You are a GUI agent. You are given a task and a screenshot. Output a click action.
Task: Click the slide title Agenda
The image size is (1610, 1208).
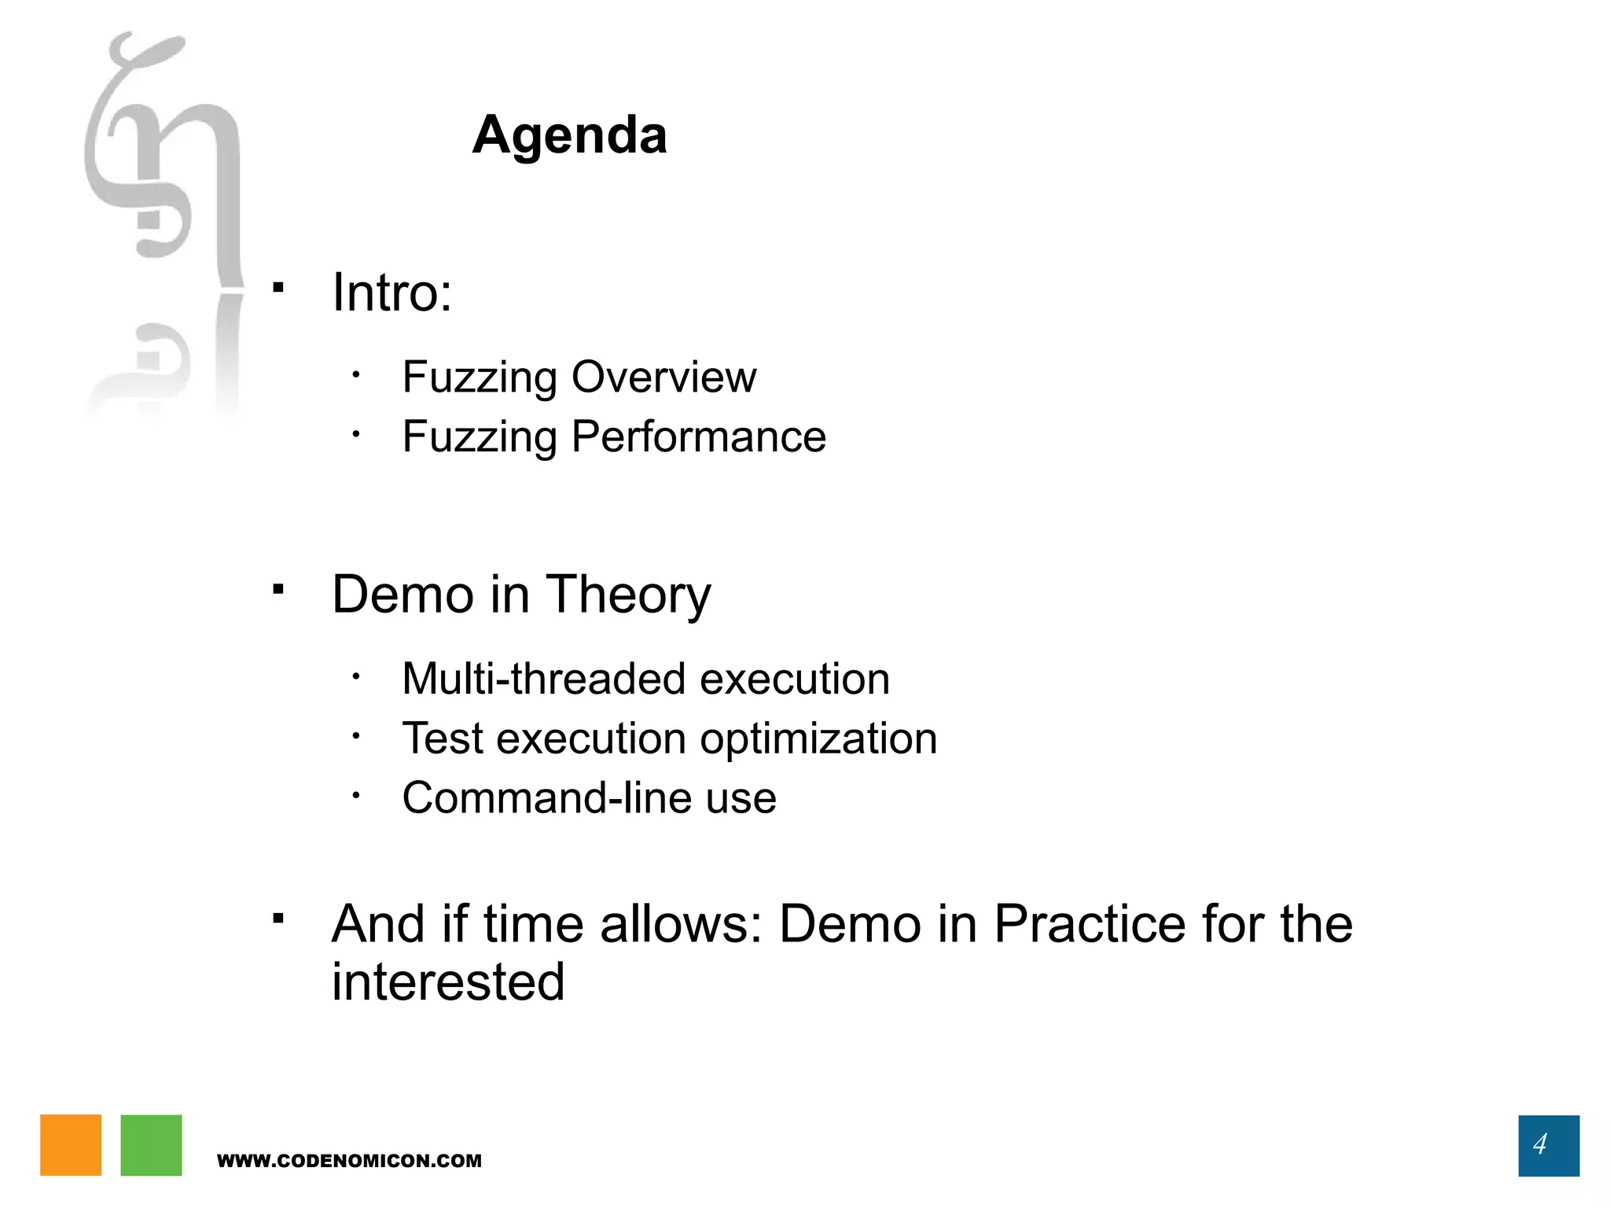click(x=569, y=135)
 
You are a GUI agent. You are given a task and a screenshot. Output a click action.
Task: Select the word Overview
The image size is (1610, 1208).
click(x=663, y=377)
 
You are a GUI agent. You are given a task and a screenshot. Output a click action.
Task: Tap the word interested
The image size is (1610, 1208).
click(x=448, y=982)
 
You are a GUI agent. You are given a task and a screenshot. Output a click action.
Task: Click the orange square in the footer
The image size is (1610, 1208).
click(x=71, y=1145)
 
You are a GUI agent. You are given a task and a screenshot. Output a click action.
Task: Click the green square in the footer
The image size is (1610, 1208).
click(x=151, y=1145)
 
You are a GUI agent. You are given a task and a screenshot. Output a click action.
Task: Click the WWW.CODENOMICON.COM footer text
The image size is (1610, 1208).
click(x=349, y=1161)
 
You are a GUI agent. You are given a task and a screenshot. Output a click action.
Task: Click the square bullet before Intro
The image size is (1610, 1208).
click(x=278, y=287)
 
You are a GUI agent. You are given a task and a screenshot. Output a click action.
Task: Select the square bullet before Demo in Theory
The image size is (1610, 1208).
click(x=278, y=588)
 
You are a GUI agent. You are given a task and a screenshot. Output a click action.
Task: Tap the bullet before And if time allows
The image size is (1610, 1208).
click(x=278, y=918)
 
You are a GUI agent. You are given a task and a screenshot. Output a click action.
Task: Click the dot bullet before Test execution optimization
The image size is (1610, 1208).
click(x=356, y=736)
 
